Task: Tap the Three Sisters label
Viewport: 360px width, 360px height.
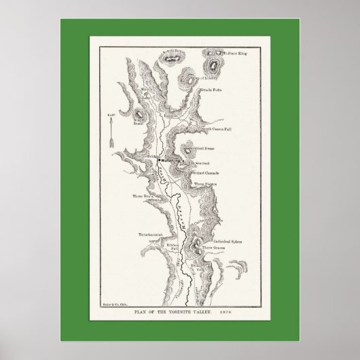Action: (x=206, y=184)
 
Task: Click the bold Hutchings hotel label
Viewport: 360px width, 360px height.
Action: (x=167, y=160)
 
